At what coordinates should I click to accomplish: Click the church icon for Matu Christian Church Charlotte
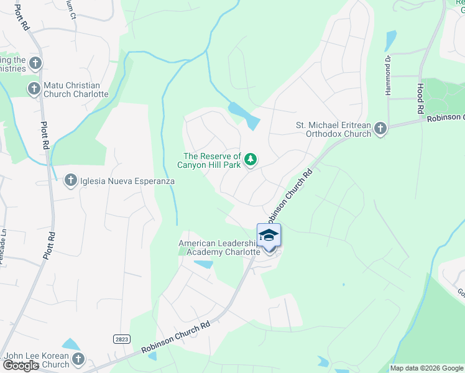click(x=34, y=89)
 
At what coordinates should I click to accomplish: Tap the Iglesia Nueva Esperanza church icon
click(x=70, y=180)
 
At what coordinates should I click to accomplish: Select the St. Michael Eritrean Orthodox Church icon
click(x=380, y=129)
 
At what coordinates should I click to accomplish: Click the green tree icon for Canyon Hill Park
click(x=251, y=160)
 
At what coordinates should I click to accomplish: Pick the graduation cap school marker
click(x=269, y=236)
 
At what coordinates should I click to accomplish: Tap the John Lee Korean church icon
click(x=78, y=359)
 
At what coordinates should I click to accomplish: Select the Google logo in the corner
click(x=21, y=366)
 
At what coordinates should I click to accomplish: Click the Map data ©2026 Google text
click(x=426, y=368)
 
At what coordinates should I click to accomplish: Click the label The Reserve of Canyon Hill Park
click(x=211, y=160)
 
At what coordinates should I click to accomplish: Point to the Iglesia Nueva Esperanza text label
click(x=127, y=181)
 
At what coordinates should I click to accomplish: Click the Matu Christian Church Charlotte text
click(x=76, y=90)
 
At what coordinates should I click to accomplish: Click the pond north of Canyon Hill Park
click(x=244, y=115)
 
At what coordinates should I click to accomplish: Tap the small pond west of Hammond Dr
click(x=390, y=40)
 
